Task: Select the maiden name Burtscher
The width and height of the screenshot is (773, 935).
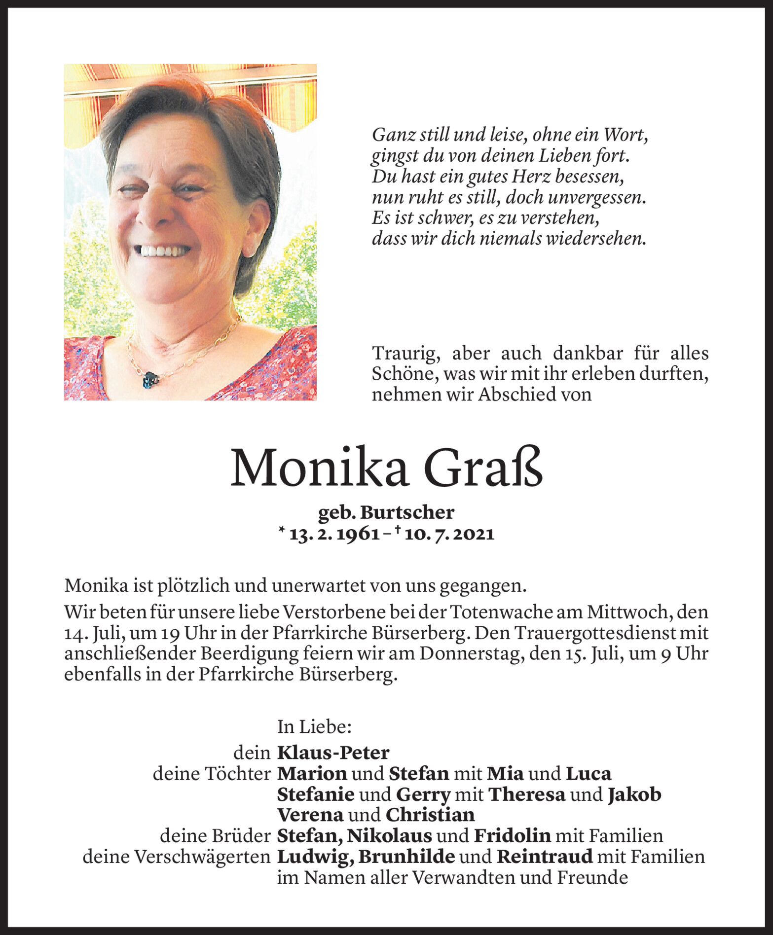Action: tap(407, 513)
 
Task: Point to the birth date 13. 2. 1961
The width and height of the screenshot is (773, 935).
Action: tap(334, 534)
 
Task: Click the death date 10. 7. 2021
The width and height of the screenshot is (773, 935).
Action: tap(449, 534)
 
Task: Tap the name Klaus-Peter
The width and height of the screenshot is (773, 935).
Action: tap(333, 753)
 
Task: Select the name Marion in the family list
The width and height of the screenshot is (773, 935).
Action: tap(312, 773)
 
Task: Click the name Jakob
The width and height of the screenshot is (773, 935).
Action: tap(634, 794)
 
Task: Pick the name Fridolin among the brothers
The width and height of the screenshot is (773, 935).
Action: tap(512, 835)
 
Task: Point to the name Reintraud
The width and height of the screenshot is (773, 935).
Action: tap(544, 857)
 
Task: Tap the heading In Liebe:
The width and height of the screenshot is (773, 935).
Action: tap(314, 726)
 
